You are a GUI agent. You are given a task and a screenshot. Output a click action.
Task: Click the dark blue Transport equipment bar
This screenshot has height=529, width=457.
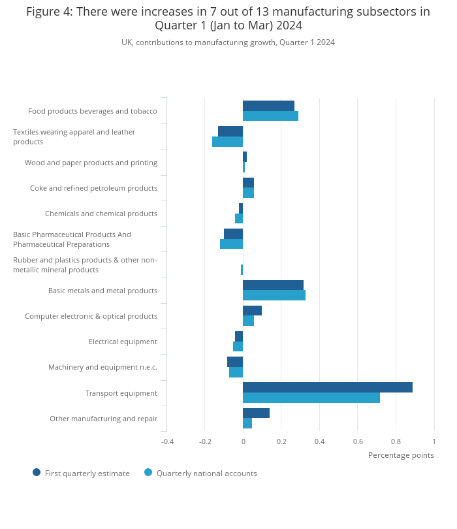328,387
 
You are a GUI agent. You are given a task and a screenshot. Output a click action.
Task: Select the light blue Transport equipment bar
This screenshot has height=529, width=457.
311,398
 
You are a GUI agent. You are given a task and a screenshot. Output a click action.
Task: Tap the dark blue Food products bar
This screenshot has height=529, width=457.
268,106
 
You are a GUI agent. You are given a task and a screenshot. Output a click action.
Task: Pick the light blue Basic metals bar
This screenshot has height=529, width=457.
274,295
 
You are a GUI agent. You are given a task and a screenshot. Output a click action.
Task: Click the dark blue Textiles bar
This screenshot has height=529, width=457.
230,131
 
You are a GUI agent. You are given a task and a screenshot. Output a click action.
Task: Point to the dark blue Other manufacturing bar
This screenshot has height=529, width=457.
256,413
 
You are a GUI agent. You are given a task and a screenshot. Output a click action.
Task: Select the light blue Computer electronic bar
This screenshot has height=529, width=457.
248,321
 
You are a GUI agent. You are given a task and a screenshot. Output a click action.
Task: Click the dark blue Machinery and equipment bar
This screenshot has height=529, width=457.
235,362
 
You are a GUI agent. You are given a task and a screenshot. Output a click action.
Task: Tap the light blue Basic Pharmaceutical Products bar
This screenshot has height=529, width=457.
231,244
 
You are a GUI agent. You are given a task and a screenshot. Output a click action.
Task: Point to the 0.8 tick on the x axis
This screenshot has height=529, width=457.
396,442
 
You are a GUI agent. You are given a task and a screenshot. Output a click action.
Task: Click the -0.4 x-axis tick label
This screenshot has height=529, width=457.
167,442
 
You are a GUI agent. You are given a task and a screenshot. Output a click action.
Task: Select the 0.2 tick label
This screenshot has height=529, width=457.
281,442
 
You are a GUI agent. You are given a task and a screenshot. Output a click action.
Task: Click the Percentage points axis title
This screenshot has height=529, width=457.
400,455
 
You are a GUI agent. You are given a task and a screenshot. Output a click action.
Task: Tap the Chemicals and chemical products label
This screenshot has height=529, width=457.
101,214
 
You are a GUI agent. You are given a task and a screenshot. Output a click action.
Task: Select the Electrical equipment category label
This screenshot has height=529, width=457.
123,342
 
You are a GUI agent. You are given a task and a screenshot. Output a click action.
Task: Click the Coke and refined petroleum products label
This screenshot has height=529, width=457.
93,188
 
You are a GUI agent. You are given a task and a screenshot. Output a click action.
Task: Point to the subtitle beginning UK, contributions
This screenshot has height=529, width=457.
228,42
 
